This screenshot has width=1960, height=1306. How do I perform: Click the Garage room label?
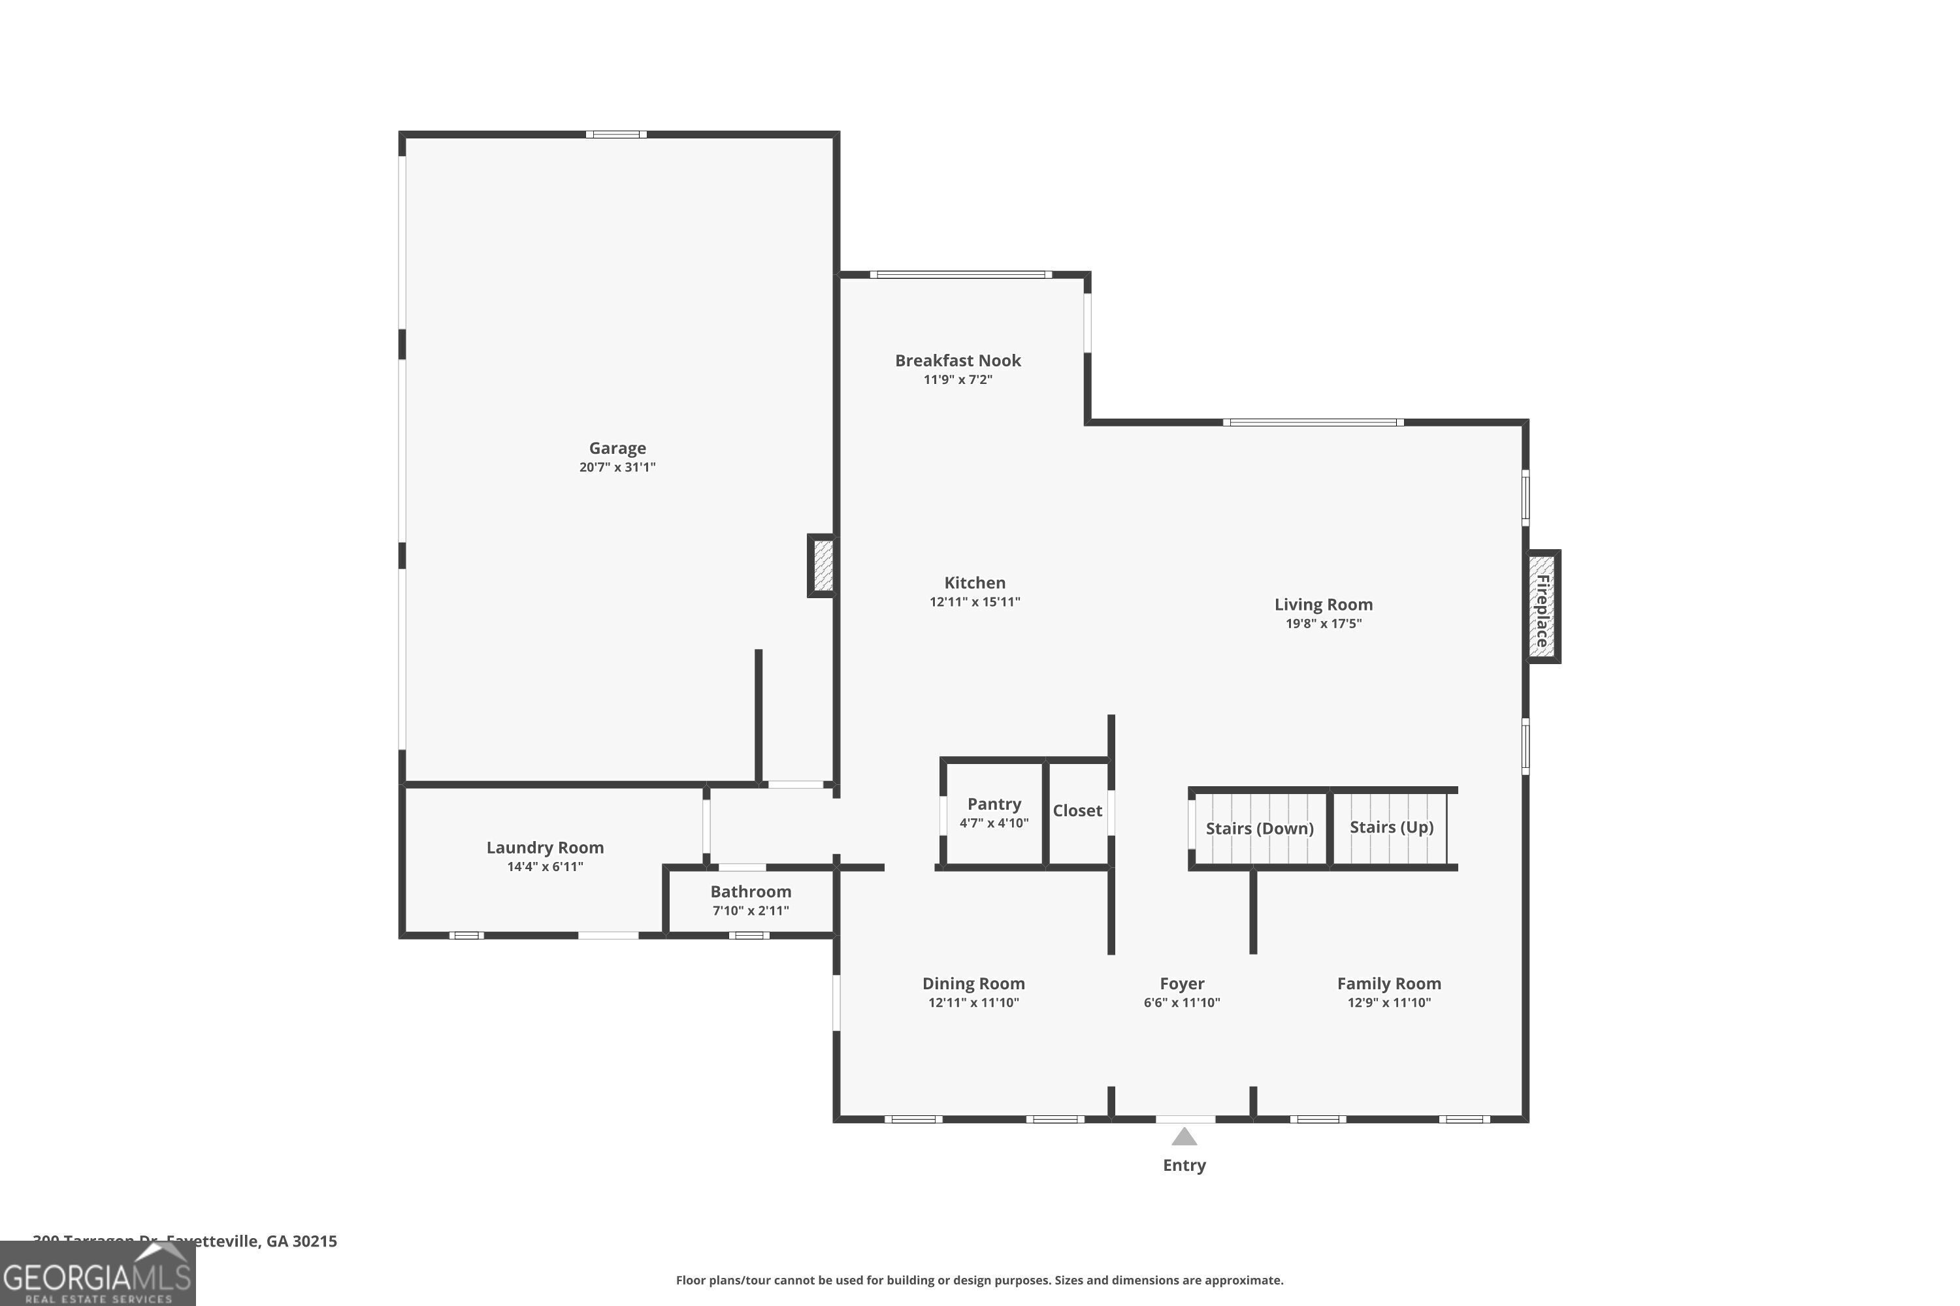(617, 448)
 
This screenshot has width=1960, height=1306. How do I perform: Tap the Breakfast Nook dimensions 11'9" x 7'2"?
(958, 380)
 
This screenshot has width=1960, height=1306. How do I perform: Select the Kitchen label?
(974, 583)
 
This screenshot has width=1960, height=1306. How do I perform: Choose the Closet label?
(1077, 810)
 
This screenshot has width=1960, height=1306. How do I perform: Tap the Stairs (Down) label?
(1258, 829)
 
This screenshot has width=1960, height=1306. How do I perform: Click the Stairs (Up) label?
(1391, 827)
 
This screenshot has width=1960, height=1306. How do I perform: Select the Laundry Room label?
(545, 848)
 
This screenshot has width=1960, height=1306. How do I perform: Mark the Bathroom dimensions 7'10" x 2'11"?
(750, 911)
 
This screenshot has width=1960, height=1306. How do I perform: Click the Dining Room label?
(973, 983)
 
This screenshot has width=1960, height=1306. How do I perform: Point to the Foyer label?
(1182, 983)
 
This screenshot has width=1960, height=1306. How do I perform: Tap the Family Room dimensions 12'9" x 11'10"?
(1388, 1003)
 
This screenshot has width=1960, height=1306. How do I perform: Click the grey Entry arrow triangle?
(1183, 1137)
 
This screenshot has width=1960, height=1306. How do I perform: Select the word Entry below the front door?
(1183, 1165)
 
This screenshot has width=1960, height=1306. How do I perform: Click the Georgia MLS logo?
(97, 1275)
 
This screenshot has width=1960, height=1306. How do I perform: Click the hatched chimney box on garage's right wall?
(823, 565)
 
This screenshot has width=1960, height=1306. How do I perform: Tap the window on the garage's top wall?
(616, 134)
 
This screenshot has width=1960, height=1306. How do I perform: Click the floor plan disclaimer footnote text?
(979, 1280)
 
